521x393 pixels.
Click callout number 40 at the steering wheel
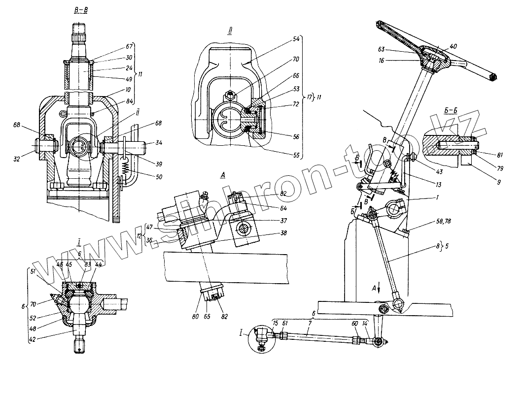point(453,46)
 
